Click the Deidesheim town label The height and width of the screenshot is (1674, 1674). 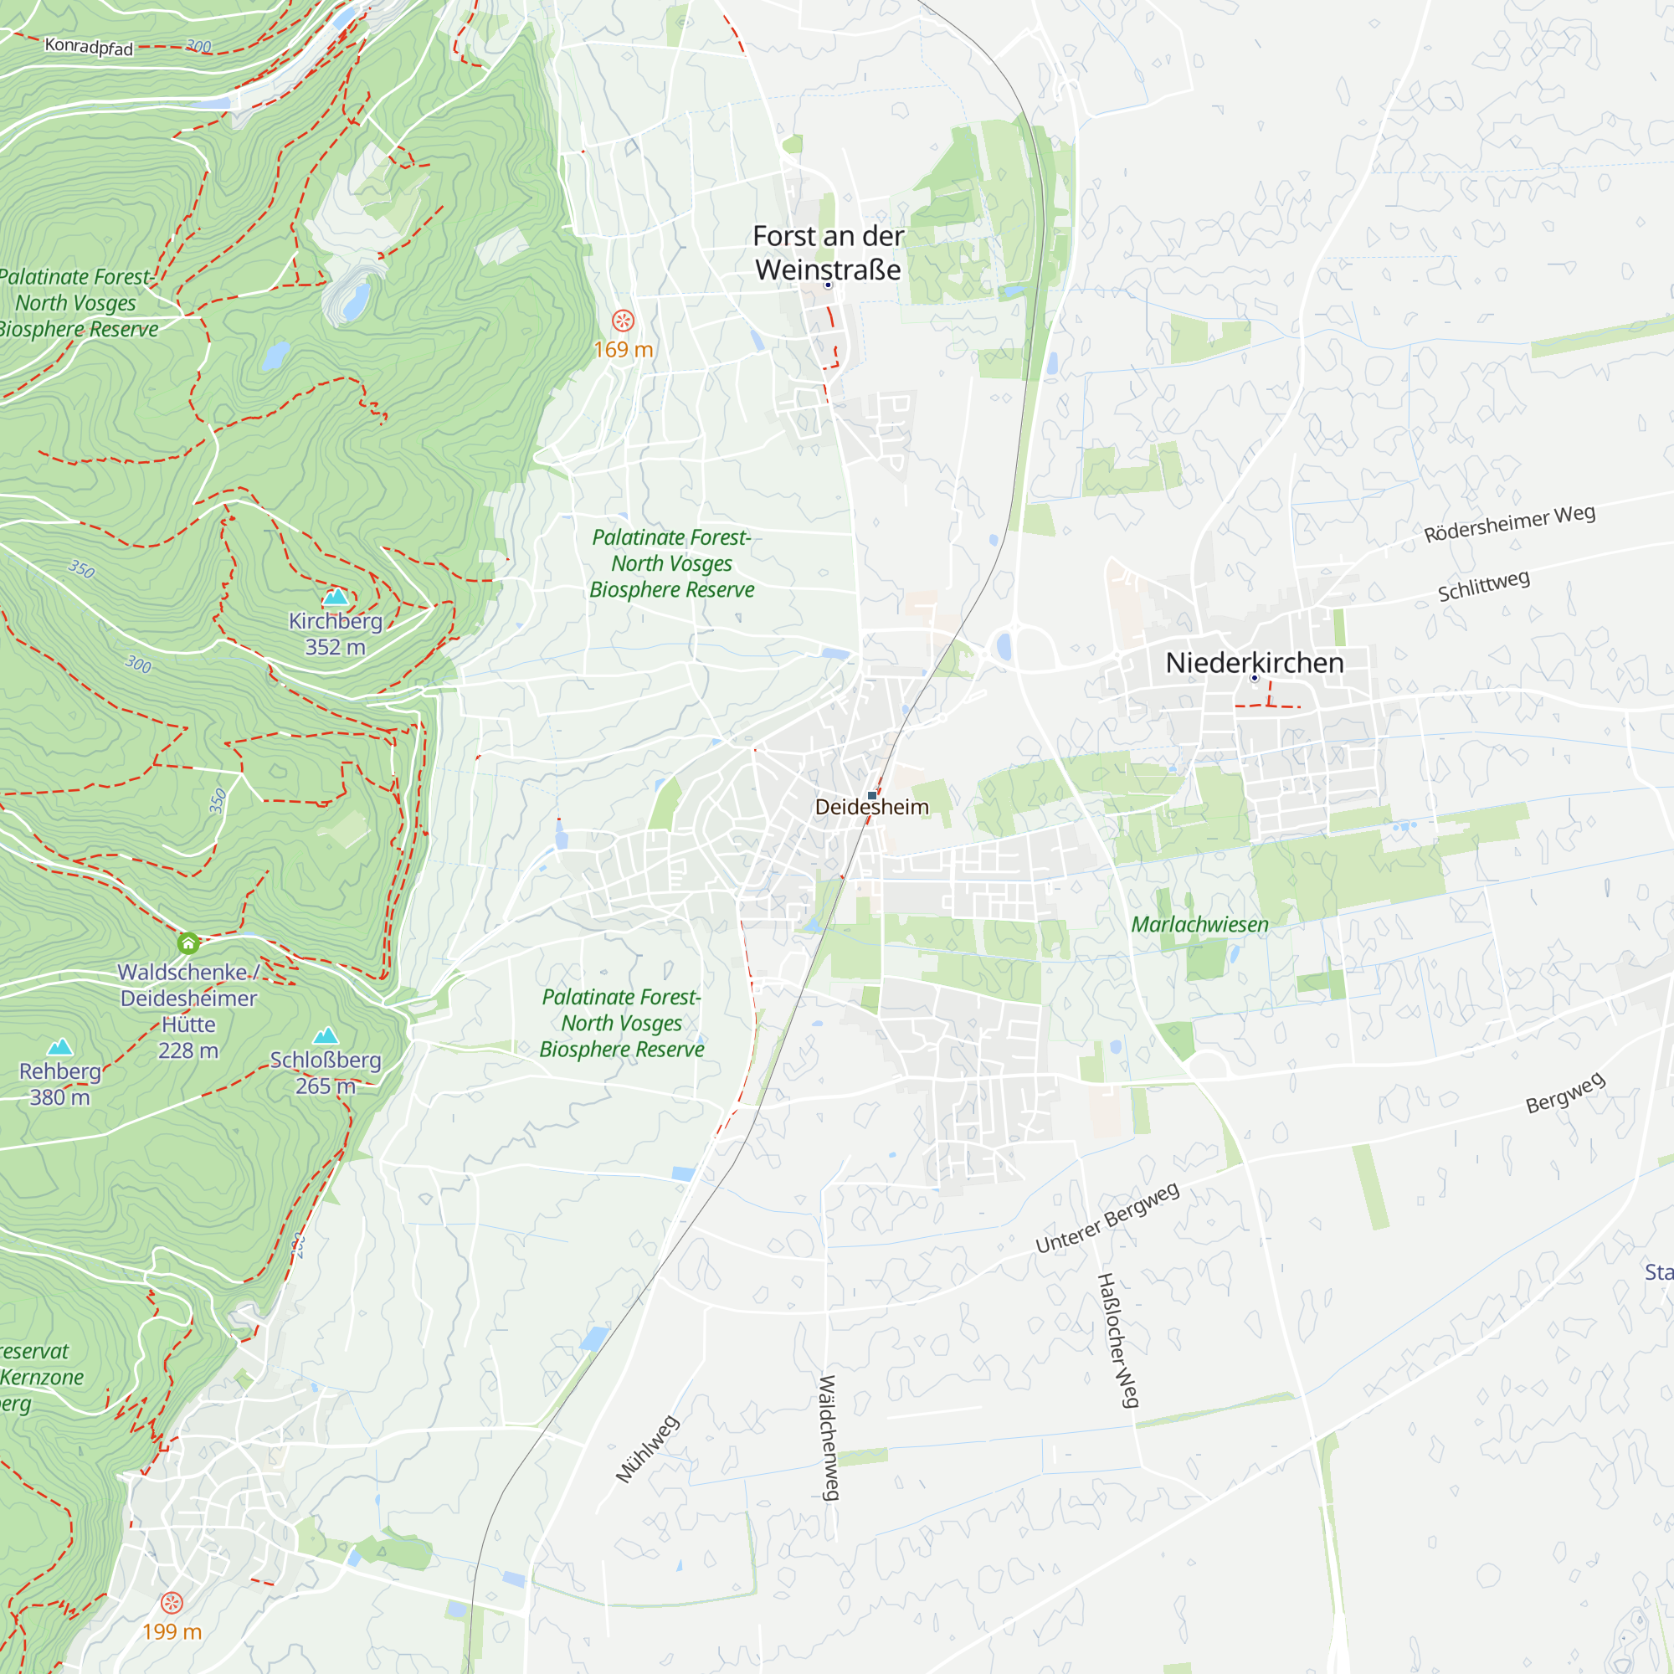[x=871, y=807]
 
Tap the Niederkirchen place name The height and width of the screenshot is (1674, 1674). [x=1254, y=663]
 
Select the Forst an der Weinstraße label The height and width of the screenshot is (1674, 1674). [x=829, y=252]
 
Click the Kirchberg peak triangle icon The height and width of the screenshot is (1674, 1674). [x=336, y=596]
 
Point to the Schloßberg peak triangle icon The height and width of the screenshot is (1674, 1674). [x=326, y=1035]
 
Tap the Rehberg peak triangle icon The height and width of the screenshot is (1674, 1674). [x=59, y=1048]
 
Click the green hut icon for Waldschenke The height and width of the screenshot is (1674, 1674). [x=188, y=942]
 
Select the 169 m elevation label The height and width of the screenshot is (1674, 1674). [x=623, y=349]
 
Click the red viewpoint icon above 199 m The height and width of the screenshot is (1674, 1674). [x=172, y=1602]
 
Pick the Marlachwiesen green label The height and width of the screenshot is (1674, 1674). [x=1199, y=925]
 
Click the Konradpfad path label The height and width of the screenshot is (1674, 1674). [x=89, y=46]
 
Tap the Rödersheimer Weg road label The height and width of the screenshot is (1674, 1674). [x=1509, y=523]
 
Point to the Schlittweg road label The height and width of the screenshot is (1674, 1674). [x=1483, y=586]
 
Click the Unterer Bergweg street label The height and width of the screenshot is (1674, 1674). [x=1107, y=1217]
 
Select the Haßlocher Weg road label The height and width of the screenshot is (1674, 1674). [x=1117, y=1339]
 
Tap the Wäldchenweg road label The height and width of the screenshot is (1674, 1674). [x=829, y=1437]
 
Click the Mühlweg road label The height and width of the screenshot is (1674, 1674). [x=647, y=1449]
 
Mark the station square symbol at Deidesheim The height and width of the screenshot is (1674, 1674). [x=871, y=794]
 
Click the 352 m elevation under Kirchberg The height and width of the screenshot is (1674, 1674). [x=336, y=647]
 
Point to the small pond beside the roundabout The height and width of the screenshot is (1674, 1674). [x=1004, y=646]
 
